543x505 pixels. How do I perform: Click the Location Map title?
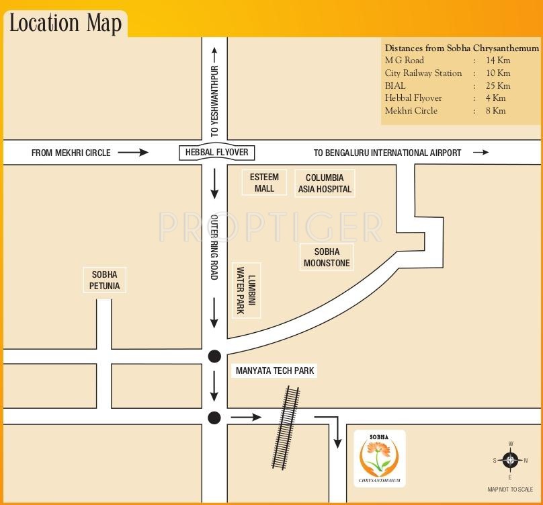(x=65, y=23)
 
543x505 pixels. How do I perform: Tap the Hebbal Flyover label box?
(x=216, y=153)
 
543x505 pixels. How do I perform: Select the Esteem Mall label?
(x=264, y=183)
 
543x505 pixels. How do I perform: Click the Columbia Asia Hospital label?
(x=325, y=183)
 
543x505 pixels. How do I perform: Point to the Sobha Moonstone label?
(x=327, y=258)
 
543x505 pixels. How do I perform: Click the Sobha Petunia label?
(x=104, y=280)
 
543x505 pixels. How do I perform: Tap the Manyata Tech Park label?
(x=275, y=371)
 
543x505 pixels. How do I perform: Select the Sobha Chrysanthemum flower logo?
(x=379, y=457)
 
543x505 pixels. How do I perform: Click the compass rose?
(x=510, y=460)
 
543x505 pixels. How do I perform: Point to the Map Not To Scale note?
(x=510, y=490)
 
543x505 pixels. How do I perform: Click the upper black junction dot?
(x=214, y=356)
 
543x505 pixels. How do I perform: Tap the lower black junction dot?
(x=214, y=418)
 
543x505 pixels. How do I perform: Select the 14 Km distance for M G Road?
(x=497, y=61)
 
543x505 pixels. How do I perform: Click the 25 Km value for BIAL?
(x=497, y=85)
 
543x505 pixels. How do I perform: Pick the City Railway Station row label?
(x=423, y=73)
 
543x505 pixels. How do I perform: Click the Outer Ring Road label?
(x=215, y=247)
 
